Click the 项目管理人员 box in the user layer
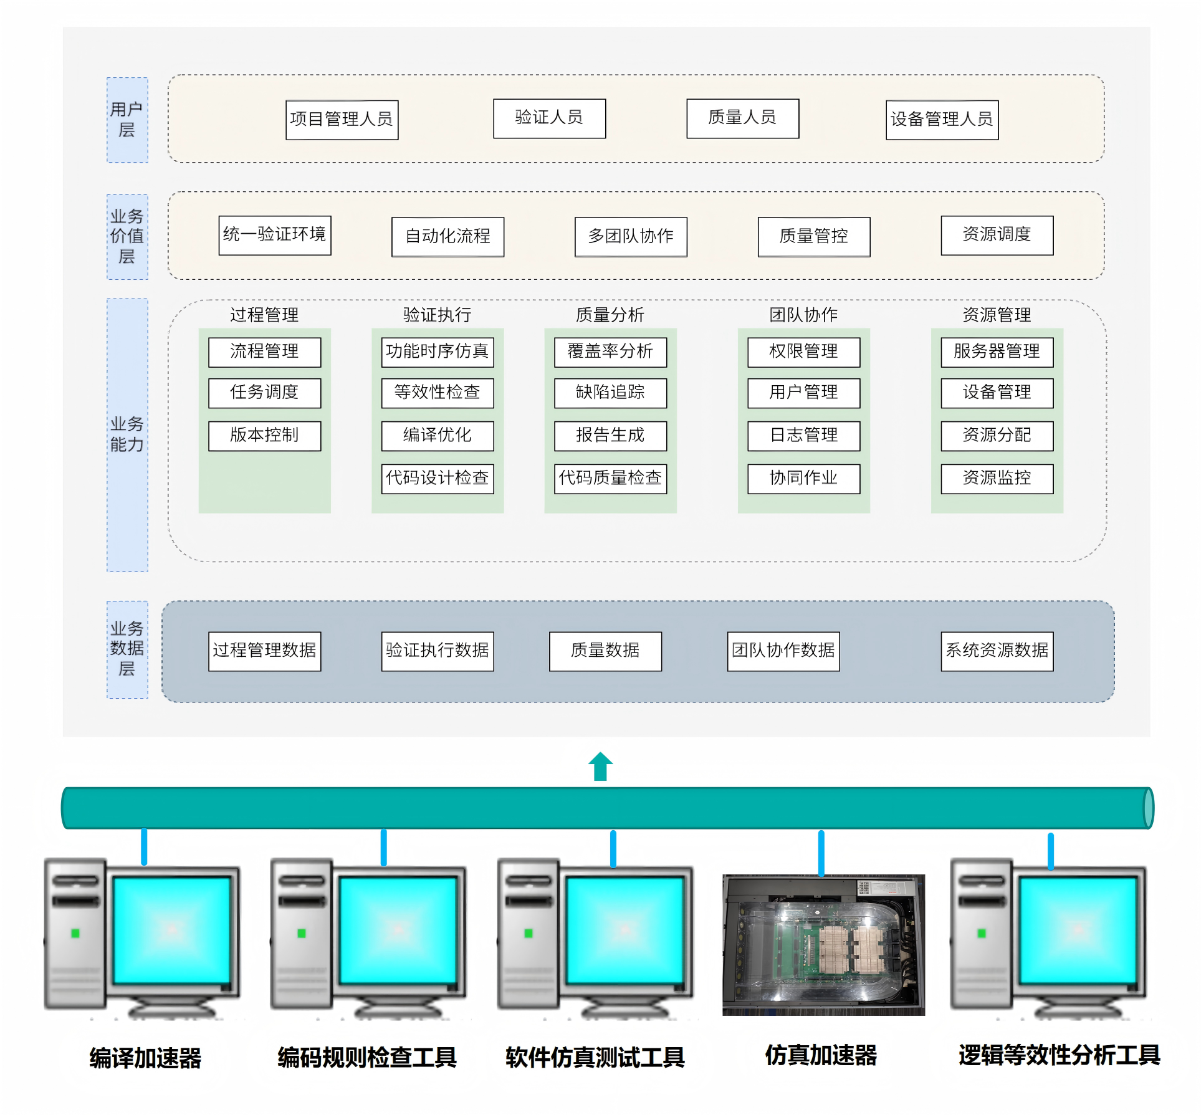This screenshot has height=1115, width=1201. [x=342, y=120]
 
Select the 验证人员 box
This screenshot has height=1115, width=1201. [x=549, y=118]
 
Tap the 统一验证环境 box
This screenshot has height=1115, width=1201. [x=274, y=235]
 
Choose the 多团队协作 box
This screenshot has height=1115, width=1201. [x=631, y=236]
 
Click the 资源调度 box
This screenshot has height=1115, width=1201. [x=997, y=235]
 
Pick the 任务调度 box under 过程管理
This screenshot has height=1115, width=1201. [x=264, y=393]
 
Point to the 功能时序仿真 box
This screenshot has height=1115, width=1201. [x=437, y=352]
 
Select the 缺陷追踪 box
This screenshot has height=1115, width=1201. [x=610, y=393]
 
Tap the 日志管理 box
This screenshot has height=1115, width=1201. [x=803, y=435]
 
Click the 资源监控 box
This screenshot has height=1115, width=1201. [x=997, y=478]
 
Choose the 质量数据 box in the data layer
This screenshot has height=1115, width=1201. [x=605, y=651]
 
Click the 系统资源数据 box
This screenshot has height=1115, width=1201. [x=997, y=651]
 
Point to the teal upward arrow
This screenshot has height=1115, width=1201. [x=600, y=766]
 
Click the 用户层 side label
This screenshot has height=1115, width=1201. [x=127, y=120]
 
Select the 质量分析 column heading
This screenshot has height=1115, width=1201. [x=610, y=315]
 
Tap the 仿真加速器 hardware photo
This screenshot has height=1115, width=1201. [x=823, y=944]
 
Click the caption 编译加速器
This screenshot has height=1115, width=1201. [x=145, y=1058]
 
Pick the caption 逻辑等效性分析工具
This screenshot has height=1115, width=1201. [x=1059, y=1055]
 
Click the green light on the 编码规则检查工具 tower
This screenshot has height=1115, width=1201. [x=302, y=933]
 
